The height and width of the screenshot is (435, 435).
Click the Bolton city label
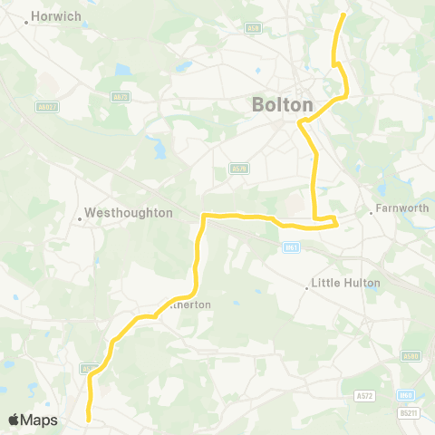282,105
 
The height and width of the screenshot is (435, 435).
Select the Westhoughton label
128,213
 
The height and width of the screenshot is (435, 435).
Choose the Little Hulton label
345,283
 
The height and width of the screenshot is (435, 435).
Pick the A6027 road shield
47,107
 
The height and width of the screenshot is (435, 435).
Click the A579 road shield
238,168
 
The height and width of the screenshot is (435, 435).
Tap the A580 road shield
411,356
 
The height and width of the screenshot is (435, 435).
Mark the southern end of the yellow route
88,419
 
